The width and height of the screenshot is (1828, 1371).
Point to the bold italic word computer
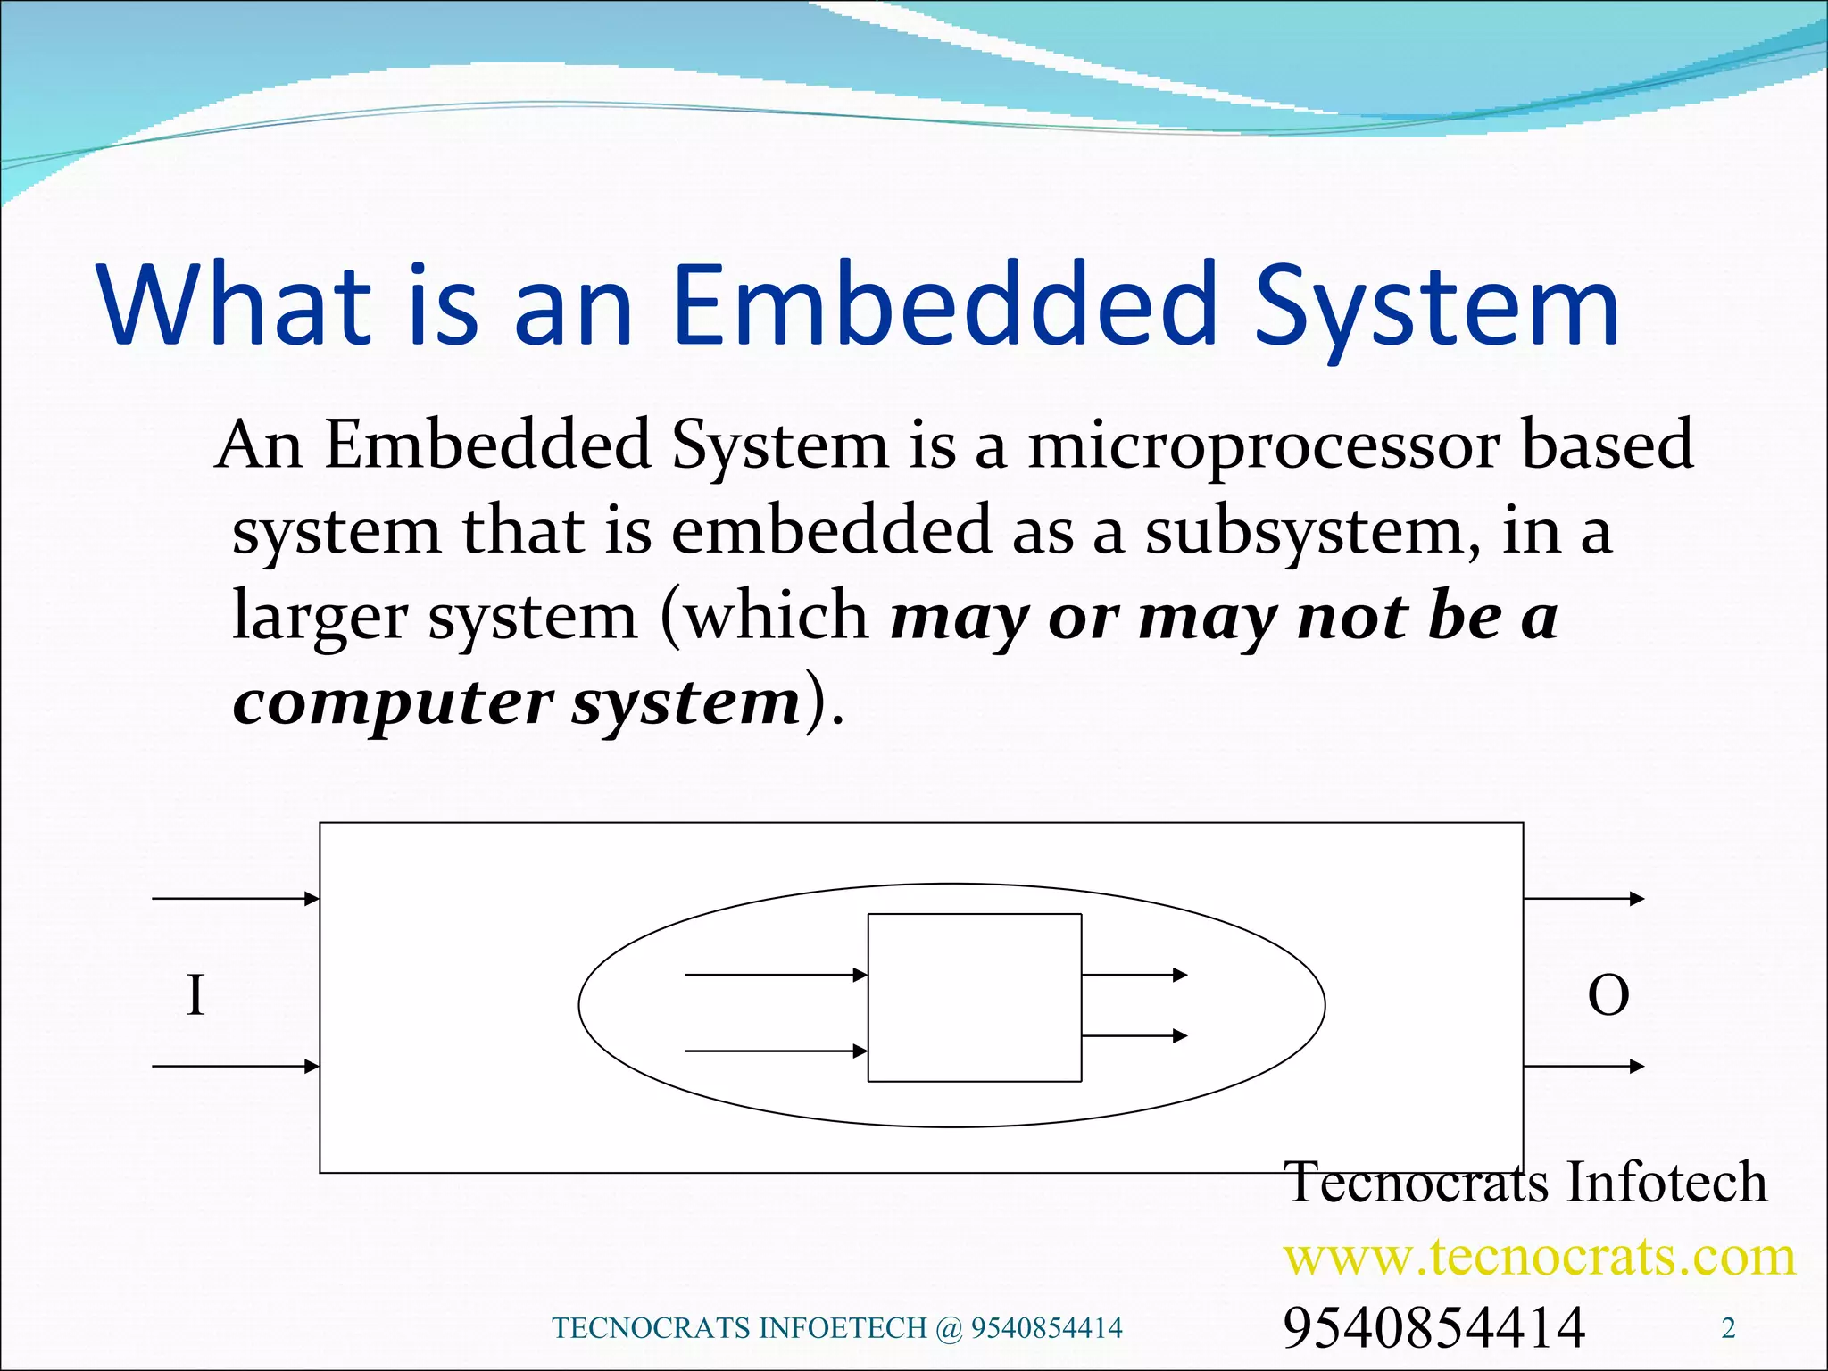click(393, 704)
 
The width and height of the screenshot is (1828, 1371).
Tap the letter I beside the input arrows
click(195, 995)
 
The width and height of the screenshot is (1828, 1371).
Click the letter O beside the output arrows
click(1608, 996)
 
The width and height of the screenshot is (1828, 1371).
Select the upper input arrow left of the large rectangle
click(236, 898)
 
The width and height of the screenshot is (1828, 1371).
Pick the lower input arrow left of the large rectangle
click(236, 1066)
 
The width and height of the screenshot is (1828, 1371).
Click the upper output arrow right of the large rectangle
click(1583, 898)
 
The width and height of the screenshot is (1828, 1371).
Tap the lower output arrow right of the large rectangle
click(1583, 1066)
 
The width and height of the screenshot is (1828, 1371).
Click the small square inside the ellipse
click(975, 997)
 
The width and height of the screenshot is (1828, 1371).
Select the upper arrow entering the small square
click(776, 975)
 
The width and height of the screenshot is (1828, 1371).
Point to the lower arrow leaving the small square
click(1134, 1035)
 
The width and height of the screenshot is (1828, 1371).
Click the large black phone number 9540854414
click(1433, 1327)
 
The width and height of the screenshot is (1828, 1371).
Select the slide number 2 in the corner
click(1728, 1329)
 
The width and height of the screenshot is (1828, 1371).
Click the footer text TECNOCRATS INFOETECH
click(741, 1328)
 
